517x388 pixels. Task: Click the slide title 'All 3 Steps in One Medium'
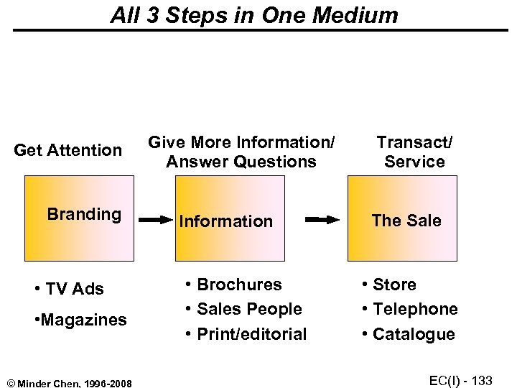point(254,16)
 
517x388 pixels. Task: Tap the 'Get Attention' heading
point(68,150)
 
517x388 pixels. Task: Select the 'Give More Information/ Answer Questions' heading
point(241,152)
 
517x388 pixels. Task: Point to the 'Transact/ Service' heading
point(414,152)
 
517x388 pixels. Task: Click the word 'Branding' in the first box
point(84,214)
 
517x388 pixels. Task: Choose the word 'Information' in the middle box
point(225,221)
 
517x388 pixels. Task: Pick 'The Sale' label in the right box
point(406,221)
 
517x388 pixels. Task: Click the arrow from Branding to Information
point(155,220)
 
